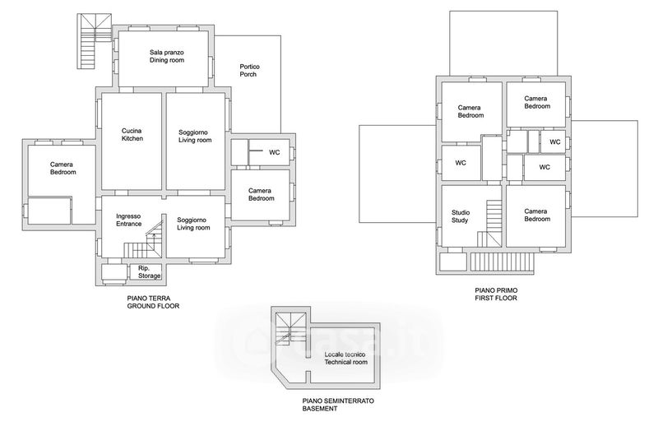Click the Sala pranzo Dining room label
click(167, 56)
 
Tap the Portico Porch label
click(249, 70)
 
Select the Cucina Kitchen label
click(132, 134)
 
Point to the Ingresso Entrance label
click(128, 220)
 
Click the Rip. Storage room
click(145, 271)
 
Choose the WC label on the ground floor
click(274, 152)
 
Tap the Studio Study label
click(461, 216)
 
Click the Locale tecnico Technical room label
click(345, 358)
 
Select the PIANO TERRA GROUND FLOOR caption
click(153, 302)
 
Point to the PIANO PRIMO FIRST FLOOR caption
click(496, 294)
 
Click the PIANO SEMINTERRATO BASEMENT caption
click(338, 404)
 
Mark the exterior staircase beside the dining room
click(94, 40)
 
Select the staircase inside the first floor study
click(490, 224)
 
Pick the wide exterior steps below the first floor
click(502, 262)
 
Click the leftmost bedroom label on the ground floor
click(63, 168)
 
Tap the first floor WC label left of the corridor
click(461, 163)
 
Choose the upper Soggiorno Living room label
click(195, 136)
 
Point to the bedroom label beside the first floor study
click(536, 215)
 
